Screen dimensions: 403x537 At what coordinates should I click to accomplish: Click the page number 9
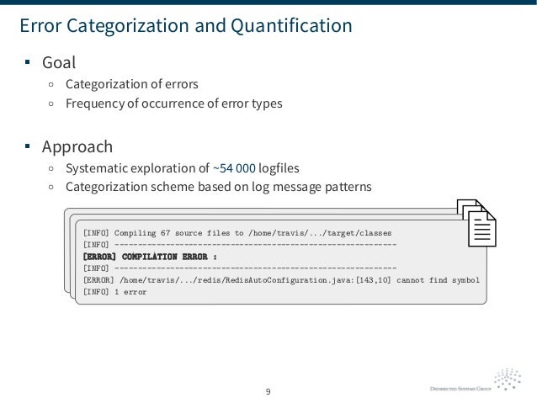coord(268,391)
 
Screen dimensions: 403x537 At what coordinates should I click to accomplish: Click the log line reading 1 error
coord(114,291)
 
